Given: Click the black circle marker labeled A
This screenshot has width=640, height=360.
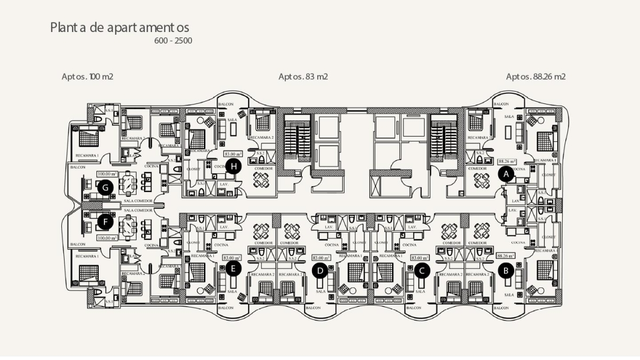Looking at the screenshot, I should click(x=506, y=173).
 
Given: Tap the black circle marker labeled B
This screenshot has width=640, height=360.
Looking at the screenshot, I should click(x=506, y=270).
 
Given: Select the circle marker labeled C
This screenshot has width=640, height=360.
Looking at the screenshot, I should click(x=422, y=270).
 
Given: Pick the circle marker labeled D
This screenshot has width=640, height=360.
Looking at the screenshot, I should click(x=320, y=271).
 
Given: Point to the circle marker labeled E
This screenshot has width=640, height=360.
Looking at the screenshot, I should click(x=233, y=268).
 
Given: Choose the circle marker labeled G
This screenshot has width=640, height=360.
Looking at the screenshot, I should click(x=106, y=187).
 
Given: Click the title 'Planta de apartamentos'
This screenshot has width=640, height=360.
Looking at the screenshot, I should click(x=119, y=27).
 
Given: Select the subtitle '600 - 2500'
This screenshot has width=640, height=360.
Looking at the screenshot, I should click(x=173, y=41).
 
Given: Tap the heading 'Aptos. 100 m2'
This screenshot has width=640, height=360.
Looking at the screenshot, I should click(x=87, y=77).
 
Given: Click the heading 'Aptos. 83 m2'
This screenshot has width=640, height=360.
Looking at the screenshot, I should click(x=303, y=77).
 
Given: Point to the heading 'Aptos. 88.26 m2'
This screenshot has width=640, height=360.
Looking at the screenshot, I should click(x=535, y=77).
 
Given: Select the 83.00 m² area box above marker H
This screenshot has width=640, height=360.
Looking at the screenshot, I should click(x=234, y=154).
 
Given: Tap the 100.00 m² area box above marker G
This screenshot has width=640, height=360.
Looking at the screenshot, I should click(x=107, y=174).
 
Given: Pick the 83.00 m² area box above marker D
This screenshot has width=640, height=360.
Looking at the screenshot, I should click(x=321, y=258).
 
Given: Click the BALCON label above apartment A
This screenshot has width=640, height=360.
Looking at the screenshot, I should click(x=501, y=105).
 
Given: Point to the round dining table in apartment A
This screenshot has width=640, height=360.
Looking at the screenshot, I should click(x=482, y=181).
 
